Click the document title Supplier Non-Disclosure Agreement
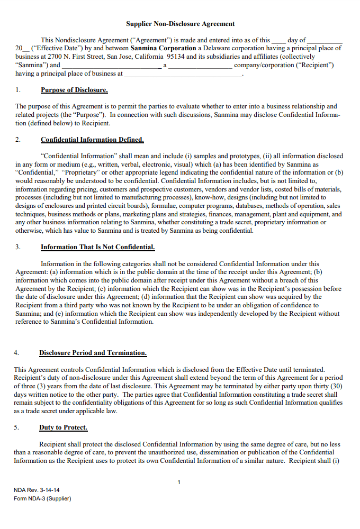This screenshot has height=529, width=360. pyautogui.click(x=180, y=24)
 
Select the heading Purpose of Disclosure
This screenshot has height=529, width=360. pyautogui.click(x=74, y=90)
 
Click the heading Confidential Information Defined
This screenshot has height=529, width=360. pyautogui.click(x=92, y=140)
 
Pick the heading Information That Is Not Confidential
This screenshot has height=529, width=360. pyautogui.click(x=97, y=247)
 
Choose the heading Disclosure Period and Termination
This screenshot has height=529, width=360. pyautogui.click(x=93, y=353)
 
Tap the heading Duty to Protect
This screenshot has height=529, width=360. pyautogui.click(x=63, y=427)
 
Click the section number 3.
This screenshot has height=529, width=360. pyautogui.click(x=18, y=247)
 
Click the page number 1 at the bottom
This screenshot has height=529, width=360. pyautogui.click(x=179, y=482)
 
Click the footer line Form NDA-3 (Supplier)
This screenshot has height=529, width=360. pyautogui.click(x=42, y=498)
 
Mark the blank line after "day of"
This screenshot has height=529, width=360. pyautogui.click(x=325, y=40)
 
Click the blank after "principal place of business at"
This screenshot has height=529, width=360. pyautogui.click(x=183, y=74)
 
